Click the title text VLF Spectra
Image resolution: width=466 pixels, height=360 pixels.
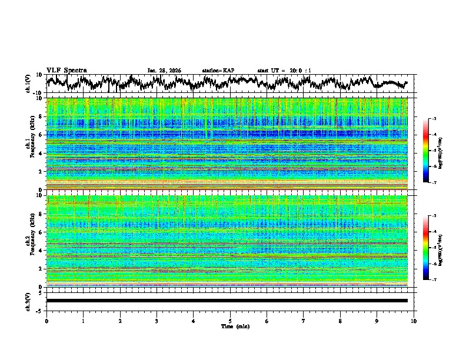(x=66, y=71)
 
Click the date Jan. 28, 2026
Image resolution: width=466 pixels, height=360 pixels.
(x=164, y=71)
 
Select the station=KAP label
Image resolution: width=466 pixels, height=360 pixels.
(x=218, y=71)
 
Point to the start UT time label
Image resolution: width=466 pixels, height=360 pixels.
(x=284, y=71)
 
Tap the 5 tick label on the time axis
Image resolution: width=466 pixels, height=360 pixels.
(x=231, y=321)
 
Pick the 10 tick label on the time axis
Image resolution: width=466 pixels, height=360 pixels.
(x=414, y=321)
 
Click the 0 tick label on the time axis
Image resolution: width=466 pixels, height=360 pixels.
(x=46, y=321)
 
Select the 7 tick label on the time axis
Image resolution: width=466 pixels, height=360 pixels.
(x=304, y=321)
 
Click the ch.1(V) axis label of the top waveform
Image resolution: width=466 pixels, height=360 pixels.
(x=28, y=84)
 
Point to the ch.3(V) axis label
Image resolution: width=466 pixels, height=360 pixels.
(x=28, y=301)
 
